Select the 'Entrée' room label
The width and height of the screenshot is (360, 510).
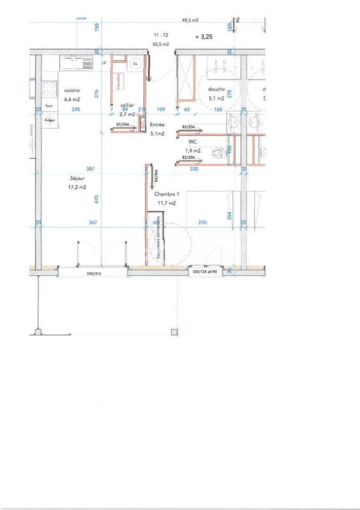tap(157, 125)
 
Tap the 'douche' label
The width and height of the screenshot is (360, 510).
tap(217, 90)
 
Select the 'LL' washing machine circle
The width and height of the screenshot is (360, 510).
tap(136, 64)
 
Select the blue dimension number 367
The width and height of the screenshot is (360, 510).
tap(93, 222)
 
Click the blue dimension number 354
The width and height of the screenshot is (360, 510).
tap(230, 215)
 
